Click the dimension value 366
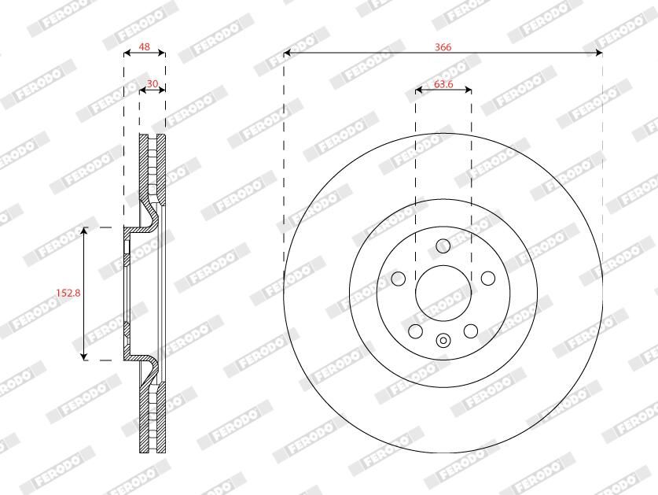coord(443,46)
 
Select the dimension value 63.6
coord(443,84)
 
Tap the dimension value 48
coord(145,46)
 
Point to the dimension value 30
coord(152,83)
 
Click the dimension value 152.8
coord(68,293)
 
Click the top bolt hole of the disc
coord(443,246)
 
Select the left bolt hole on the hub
coord(399,278)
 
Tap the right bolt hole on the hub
coord(487,278)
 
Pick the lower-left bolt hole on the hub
coord(415,331)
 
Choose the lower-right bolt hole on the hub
coord(471,331)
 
